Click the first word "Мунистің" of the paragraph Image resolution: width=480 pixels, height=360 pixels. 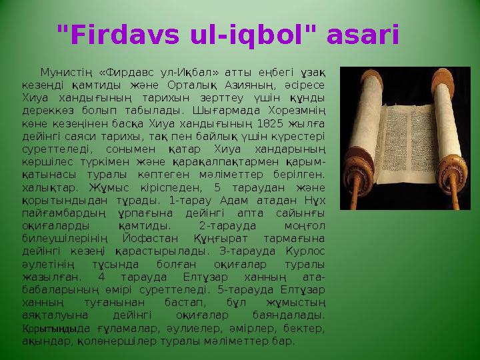pos(65,72)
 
